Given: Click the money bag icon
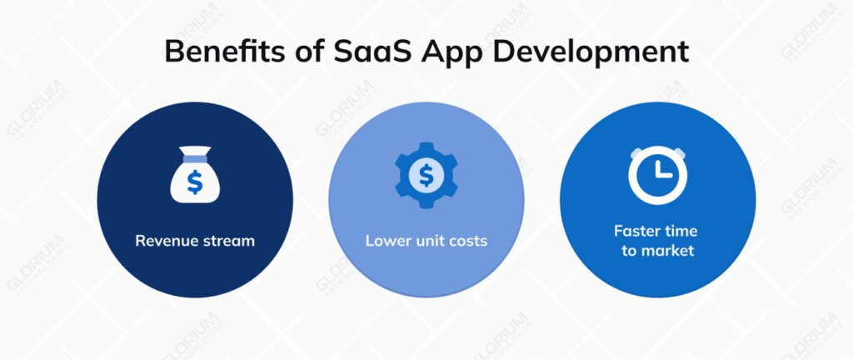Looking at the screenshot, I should (194, 177).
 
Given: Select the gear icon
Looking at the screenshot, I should (426, 174).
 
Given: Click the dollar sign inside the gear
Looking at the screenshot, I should (426, 175).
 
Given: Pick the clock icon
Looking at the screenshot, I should (657, 176).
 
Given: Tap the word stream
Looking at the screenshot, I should (228, 242).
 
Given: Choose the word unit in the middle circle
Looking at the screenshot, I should (426, 242).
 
